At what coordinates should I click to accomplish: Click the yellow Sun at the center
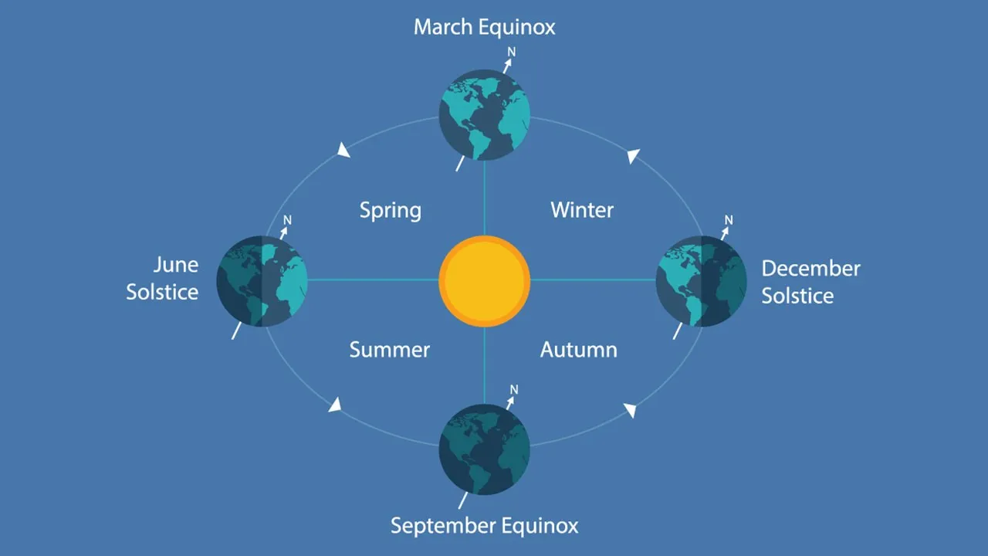click(484, 281)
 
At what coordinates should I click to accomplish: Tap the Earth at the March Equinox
click(484, 115)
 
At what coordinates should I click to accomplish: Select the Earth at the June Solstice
click(262, 281)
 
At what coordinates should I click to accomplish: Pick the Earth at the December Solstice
click(702, 281)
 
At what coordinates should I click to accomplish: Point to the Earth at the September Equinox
click(484, 449)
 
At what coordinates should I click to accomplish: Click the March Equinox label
click(484, 27)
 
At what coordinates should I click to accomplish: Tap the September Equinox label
click(484, 526)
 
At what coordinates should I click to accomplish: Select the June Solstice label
click(162, 279)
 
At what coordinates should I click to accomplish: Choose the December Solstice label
click(810, 282)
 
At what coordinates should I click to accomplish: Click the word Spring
click(391, 211)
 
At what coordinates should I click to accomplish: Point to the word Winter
click(582, 210)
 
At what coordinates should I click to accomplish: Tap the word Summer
click(390, 350)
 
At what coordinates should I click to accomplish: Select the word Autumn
click(579, 350)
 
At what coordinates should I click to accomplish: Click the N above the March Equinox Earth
click(511, 52)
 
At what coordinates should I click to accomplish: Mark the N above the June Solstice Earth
click(287, 220)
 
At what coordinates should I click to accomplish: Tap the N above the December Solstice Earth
click(729, 220)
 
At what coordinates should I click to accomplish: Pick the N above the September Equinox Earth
click(514, 390)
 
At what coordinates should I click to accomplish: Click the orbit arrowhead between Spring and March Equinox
click(343, 150)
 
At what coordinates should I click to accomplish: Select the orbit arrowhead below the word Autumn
click(631, 410)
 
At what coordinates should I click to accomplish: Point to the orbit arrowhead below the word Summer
click(335, 405)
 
